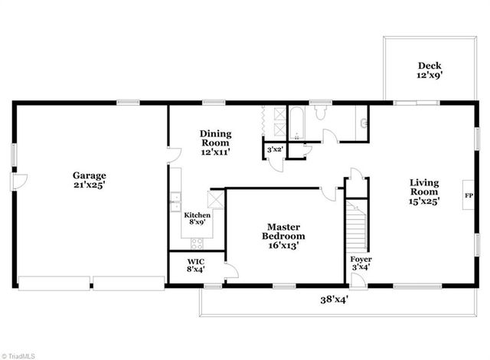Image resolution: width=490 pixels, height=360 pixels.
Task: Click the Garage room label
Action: (90, 181)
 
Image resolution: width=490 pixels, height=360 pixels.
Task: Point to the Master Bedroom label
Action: (282, 236)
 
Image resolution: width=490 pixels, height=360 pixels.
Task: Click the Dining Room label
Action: (216, 142)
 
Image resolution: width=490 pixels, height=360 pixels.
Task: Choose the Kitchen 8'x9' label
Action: (197, 219)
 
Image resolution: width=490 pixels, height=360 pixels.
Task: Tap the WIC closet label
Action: (196, 265)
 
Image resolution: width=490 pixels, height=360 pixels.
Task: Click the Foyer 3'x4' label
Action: (361, 263)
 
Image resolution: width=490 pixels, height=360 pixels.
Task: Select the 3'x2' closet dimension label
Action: (274, 150)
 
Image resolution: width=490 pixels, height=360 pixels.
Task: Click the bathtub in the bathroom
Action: (298, 122)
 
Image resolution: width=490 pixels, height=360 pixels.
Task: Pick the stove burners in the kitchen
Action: (197, 244)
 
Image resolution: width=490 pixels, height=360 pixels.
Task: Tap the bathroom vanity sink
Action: (362, 121)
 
